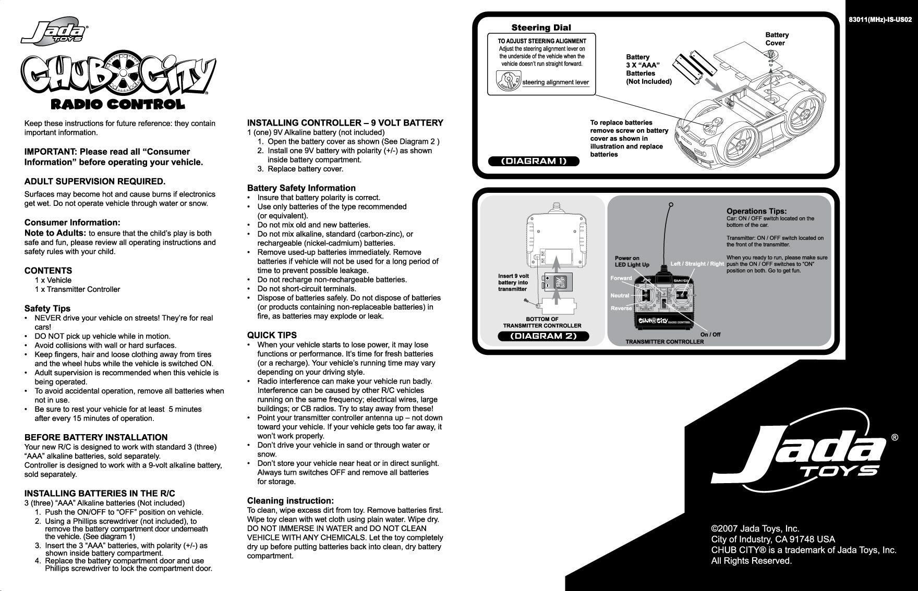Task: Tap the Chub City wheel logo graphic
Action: [x=118, y=76]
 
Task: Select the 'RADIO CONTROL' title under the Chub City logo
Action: [x=117, y=104]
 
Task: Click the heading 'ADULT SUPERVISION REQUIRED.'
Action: [x=95, y=181]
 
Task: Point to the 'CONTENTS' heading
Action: [x=48, y=270]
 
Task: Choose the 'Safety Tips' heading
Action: [x=47, y=309]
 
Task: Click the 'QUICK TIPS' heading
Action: [x=272, y=335]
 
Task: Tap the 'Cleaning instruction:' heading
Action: [x=290, y=501]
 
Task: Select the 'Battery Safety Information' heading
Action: [x=301, y=188]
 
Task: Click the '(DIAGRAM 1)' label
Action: [x=534, y=161]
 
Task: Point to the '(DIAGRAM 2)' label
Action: [x=543, y=336]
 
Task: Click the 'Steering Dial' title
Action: [x=541, y=28]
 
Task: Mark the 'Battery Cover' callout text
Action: [x=777, y=39]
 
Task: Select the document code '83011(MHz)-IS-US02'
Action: [x=880, y=20]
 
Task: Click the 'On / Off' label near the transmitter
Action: [x=710, y=335]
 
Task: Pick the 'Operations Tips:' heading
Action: [x=756, y=211]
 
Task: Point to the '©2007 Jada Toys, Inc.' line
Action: [x=755, y=529]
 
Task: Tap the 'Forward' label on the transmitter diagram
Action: [x=621, y=278]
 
